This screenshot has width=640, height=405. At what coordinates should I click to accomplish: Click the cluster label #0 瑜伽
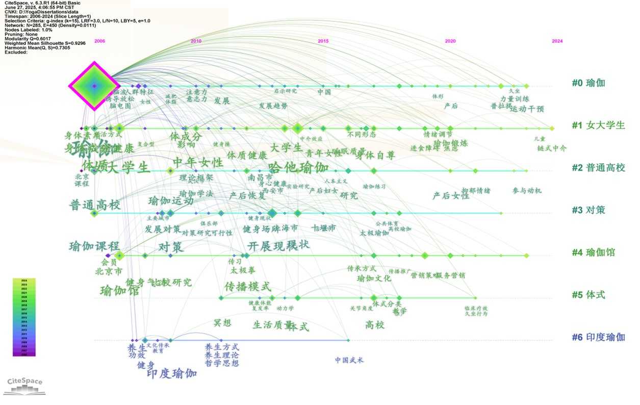tap(588, 83)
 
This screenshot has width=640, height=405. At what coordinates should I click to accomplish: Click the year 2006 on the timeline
tap(99, 41)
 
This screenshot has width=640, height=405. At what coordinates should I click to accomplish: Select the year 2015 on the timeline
tap(323, 41)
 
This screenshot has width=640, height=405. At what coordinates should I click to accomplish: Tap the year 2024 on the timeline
tap(557, 41)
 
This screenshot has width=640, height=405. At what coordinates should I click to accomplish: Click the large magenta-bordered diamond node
tap(94, 86)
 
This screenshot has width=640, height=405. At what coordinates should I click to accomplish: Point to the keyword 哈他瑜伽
tap(299, 167)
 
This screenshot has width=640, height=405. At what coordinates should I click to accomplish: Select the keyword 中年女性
tap(198, 163)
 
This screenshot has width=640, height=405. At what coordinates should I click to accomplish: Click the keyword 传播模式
tap(248, 286)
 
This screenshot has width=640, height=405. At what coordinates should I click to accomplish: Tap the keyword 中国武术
tap(349, 361)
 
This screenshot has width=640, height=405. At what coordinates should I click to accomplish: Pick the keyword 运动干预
tap(527, 109)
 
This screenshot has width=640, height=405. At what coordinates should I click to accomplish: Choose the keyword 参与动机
tap(527, 191)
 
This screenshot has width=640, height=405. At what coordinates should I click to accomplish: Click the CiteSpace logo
tap(25, 386)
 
